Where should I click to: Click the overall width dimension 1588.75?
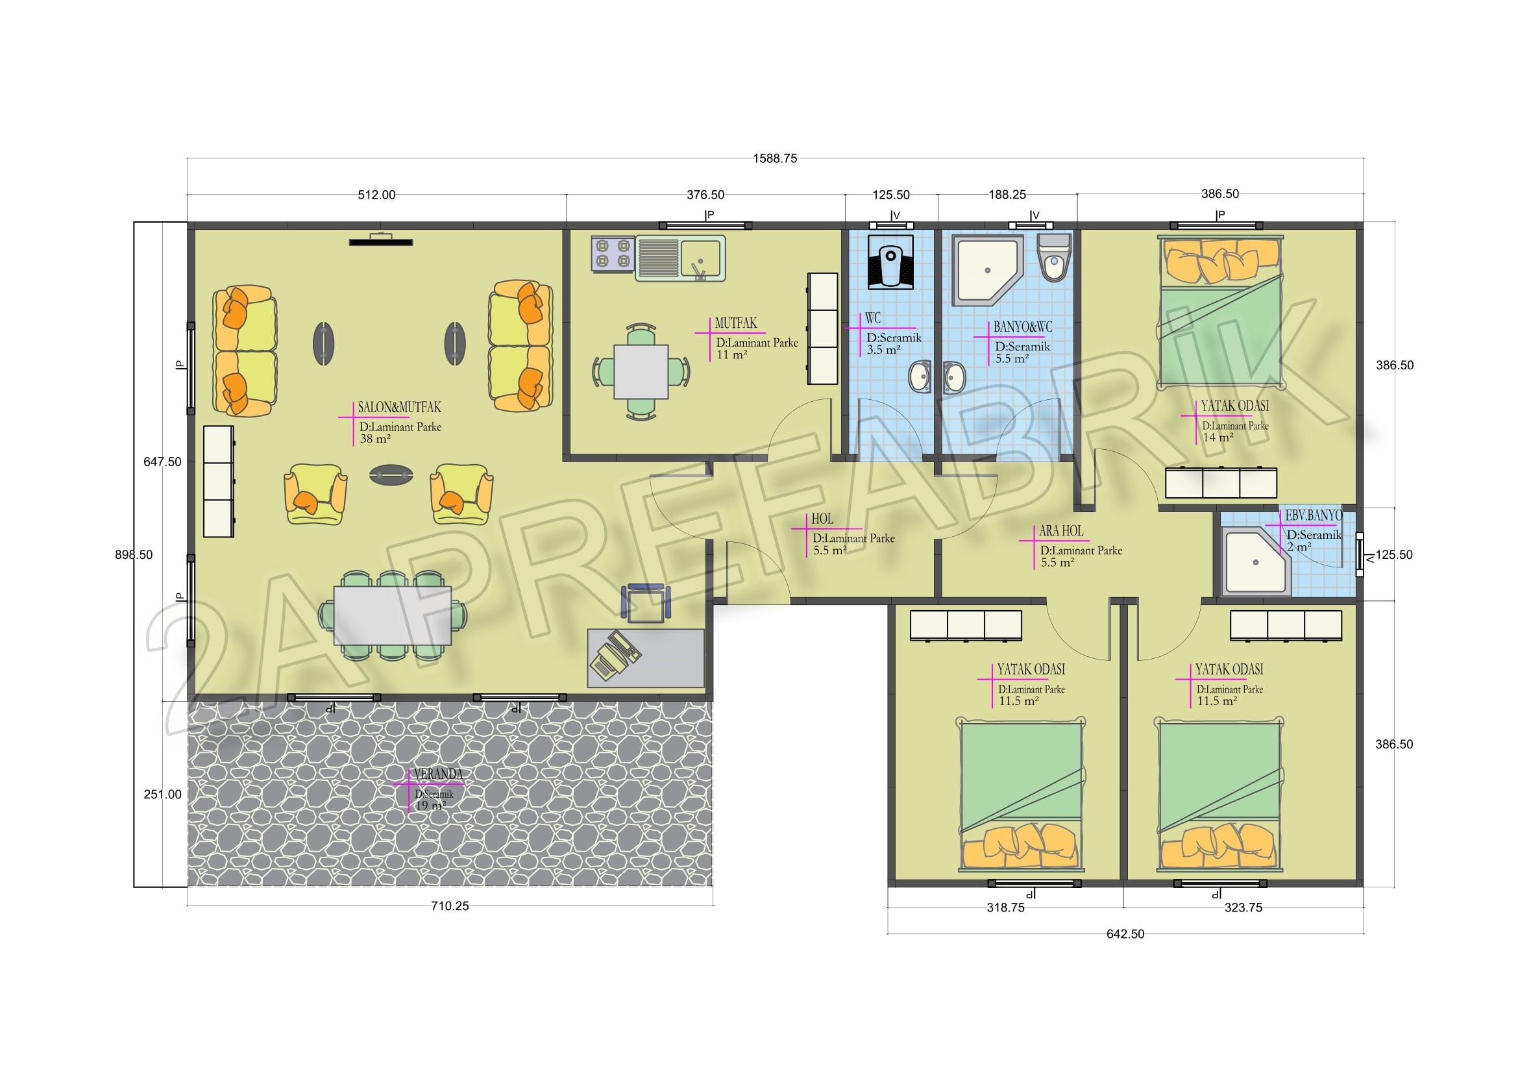coord(775,158)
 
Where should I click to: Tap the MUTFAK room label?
coord(736,323)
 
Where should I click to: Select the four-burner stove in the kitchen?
coord(613,254)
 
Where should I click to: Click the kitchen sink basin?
coord(701,258)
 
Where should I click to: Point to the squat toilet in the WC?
coord(890,262)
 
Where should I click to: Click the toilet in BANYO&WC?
coord(1054,258)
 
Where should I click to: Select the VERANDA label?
coord(437,774)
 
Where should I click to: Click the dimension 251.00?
coord(163,794)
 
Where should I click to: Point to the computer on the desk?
coord(615,656)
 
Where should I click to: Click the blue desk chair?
coord(645,603)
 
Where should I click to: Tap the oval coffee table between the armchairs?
coord(391,475)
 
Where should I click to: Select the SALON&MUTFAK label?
coord(399,407)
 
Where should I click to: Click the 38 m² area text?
coord(375,439)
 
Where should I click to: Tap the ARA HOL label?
coord(1061,531)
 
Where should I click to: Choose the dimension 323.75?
coord(1243,907)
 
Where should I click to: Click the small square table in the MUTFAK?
coord(641,371)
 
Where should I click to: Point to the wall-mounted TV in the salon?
coord(381,241)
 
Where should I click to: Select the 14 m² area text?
coord(1218,438)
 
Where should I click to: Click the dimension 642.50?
coord(1125,934)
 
